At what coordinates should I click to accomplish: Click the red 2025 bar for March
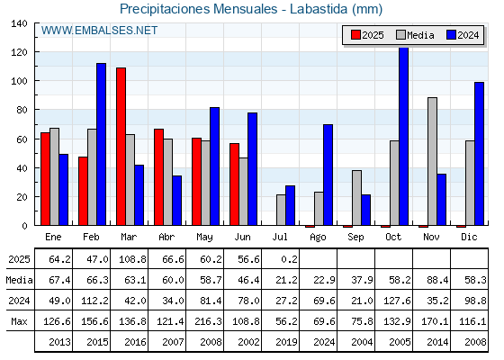121,146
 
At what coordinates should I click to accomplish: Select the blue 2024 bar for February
101,144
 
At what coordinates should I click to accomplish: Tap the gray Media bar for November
432,161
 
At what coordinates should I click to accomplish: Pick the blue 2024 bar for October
404,136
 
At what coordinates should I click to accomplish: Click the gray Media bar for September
356,198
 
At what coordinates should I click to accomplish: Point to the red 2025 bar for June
235,184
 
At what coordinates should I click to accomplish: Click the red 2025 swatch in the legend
355,35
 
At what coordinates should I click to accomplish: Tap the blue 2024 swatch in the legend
451,35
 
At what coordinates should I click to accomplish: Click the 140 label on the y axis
19,23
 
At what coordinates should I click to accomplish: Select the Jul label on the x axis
280,238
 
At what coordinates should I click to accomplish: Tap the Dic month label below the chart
469,238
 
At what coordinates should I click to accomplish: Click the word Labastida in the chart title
319,9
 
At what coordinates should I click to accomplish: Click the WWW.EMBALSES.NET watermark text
99,31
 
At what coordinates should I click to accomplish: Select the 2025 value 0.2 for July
289,259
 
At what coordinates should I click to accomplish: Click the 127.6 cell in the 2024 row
397,301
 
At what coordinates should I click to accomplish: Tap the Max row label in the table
19,321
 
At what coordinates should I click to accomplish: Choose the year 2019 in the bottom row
286,342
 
